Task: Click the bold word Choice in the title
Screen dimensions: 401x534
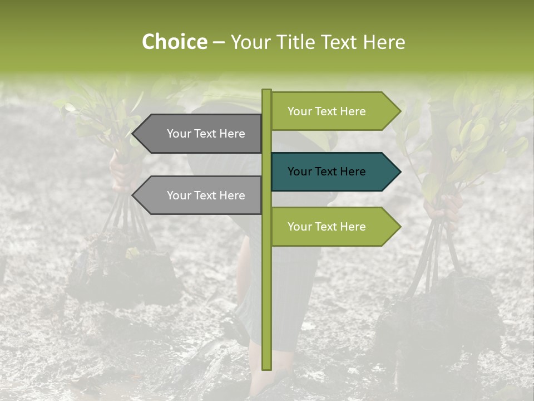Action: [x=174, y=42]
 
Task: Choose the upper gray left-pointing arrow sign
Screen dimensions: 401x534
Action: [x=200, y=134]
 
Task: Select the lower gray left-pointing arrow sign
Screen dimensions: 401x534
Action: [x=200, y=195]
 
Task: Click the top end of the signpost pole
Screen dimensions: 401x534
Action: [x=266, y=91]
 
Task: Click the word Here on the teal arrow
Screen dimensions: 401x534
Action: [x=352, y=172]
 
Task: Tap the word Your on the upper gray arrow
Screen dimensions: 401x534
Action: [x=179, y=134]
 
